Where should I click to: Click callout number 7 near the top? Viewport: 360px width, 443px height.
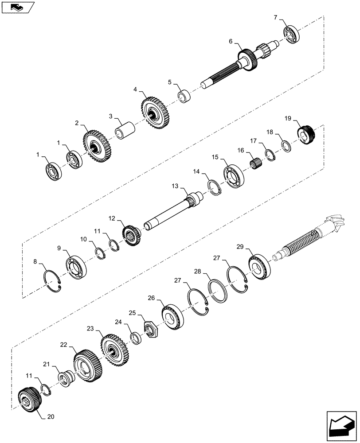coord(275,17)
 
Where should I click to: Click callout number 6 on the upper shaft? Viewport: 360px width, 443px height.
coord(231,41)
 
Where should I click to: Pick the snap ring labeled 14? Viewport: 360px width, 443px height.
coord(214,189)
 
